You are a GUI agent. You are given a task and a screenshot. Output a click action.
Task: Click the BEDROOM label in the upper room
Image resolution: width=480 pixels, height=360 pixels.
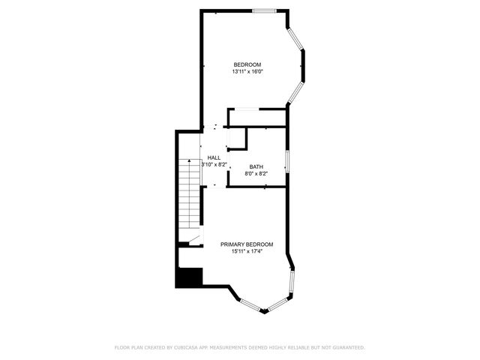point(247,64)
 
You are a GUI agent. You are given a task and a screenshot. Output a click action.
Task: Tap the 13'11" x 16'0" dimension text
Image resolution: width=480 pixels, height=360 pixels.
point(247,72)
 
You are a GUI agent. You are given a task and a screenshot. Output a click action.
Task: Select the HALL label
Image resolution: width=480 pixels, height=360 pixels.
point(214,157)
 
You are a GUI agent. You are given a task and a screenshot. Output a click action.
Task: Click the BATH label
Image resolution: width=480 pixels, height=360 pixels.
point(256,167)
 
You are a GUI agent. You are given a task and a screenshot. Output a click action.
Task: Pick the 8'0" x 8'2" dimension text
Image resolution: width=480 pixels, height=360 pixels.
point(256,174)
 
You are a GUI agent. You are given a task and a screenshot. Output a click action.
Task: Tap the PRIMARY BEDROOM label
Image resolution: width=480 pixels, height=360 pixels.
point(246,244)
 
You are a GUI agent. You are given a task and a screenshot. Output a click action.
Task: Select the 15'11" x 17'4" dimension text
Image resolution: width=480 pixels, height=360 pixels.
point(246,252)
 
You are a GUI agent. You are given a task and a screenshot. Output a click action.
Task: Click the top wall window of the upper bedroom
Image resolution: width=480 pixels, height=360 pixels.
point(263,10)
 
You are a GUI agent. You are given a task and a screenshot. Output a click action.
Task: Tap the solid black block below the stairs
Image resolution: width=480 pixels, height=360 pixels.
point(189,277)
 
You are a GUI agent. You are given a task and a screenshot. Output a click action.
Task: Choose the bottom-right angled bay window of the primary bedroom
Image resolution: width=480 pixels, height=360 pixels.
point(277,304)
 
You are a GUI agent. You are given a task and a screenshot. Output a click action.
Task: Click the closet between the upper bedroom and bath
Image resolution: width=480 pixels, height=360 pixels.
point(257,118)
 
